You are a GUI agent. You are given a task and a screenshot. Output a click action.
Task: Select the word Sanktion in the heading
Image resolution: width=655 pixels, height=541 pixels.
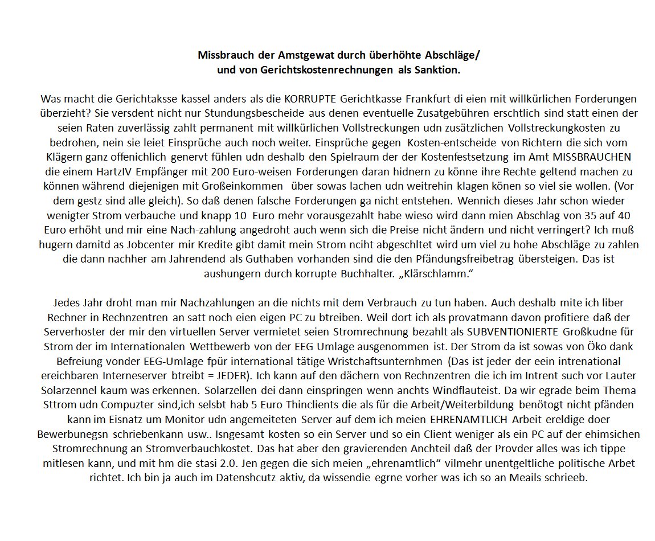coord(438,70)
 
